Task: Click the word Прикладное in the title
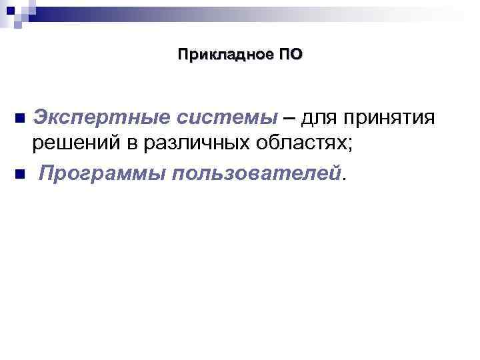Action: pyautogui.click(x=224, y=55)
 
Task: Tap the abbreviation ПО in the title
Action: pyautogui.click(x=289, y=55)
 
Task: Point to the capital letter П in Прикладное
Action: pyautogui.click(x=183, y=55)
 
